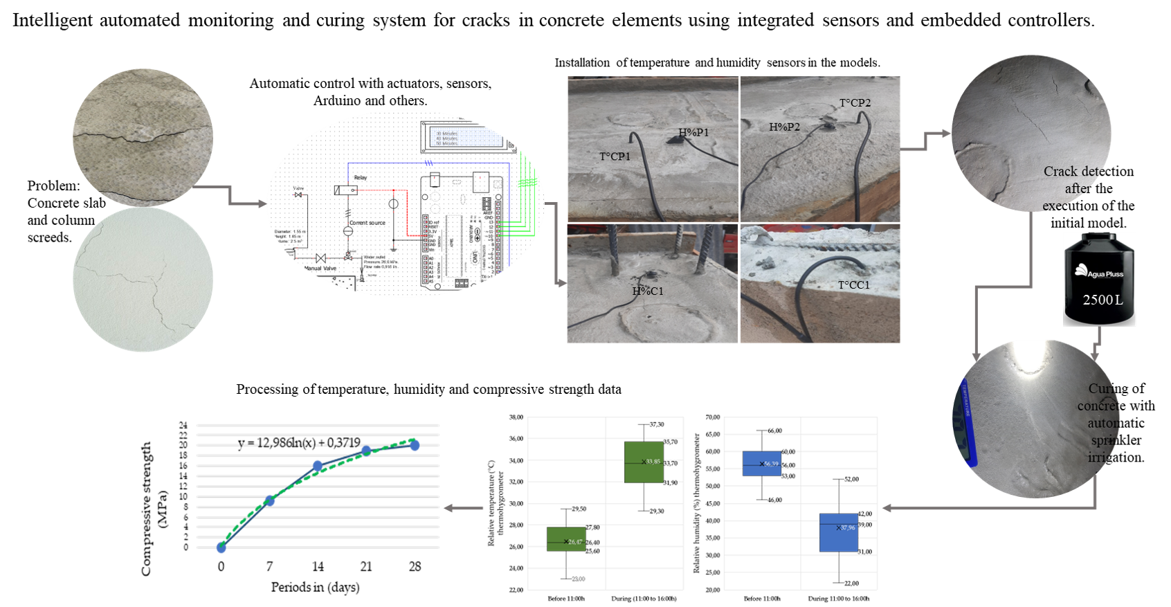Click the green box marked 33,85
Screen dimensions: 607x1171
click(x=644, y=462)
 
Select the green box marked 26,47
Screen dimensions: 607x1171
click(x=566, y=539)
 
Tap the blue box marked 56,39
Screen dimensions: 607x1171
click(x=762, y=463)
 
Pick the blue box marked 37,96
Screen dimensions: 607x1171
click(x=839, y=532)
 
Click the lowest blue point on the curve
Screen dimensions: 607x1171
click(x=221, y=547)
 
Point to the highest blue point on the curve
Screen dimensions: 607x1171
click(x=415, y=445)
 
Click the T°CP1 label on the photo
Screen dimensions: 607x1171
click(x=615, y=156)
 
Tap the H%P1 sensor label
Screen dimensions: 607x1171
click(x=693, y=132)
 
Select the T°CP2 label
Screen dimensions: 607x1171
click(x=855, y=103)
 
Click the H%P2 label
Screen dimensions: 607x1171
click(x=784, y=127)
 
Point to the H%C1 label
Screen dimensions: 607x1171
click(x=647, y=291)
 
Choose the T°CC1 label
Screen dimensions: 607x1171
click(x=853, y=285)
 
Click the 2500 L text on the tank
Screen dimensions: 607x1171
click(x=1102, y=300)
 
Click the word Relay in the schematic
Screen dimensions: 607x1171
click(x=361, y=178)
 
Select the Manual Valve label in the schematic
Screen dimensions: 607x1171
click(x=320, y=268)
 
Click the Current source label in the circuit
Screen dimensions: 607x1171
click(x=367, y=223)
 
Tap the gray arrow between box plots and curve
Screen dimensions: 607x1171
click(x=463, y=508)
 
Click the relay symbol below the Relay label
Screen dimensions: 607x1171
click(x=345, y=190)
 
